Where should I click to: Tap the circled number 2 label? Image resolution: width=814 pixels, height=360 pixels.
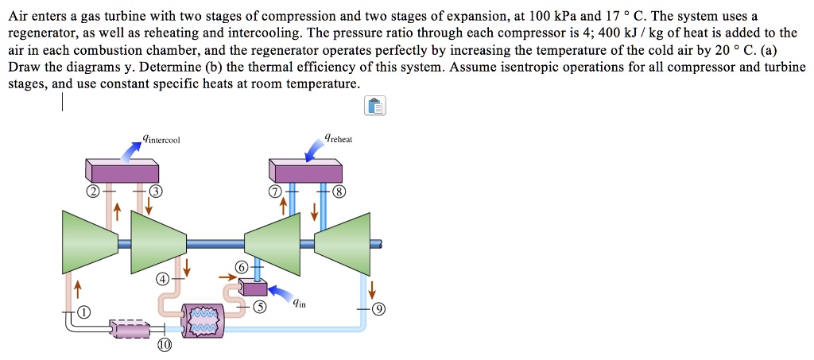(x=93, y=192)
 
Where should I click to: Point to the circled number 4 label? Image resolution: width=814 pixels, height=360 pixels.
(x=162, y=279)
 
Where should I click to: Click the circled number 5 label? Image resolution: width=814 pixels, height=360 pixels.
(x=261, y=307)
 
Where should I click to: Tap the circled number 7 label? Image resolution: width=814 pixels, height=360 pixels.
(x=276, y=192)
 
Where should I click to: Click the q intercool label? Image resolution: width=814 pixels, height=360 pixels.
(x=162, y=140)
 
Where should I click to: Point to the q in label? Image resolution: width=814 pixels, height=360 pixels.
(x=298, y=302)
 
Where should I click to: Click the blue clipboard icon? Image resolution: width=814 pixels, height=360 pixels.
(x=375, y=106)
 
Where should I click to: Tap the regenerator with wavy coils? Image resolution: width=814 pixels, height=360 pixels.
(x=203, y=319)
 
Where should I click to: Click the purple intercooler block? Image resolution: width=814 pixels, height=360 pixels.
(x=123, y=170)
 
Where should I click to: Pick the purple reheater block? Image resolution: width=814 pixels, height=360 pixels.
(x=305, y=170)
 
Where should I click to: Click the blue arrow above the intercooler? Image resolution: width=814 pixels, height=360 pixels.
(x=130, y=147)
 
